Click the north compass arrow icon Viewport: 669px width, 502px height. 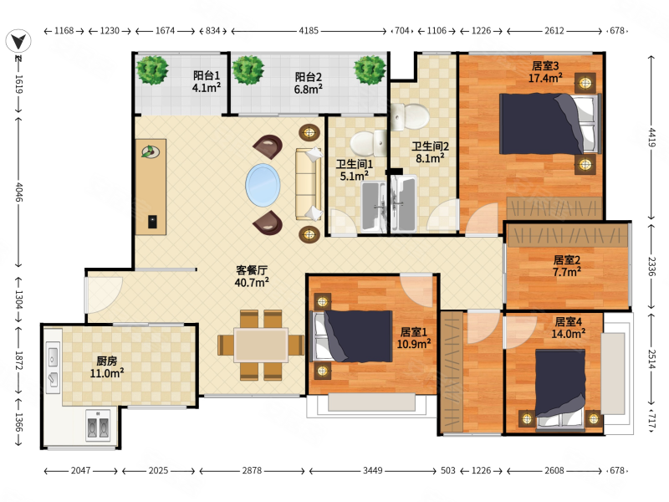(x=18, y=41)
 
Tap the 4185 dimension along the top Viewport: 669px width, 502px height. (x=309, y=31)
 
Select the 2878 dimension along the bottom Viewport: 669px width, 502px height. (x=252, y=470)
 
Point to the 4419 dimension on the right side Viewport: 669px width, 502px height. (x=651, y=137)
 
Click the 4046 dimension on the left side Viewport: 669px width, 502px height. (x=19, y=192)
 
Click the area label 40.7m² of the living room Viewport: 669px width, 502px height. (x=252, y=282)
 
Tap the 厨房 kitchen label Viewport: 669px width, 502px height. (x=107, y=361)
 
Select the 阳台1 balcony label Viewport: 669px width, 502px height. (x=207, y=75)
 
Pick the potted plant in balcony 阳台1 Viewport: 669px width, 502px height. (x=152, y=69)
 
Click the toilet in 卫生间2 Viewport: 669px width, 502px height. (x=410, y=116)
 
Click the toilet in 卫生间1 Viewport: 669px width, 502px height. (x=368, y=142)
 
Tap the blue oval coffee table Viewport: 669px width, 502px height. (x=263, y=185)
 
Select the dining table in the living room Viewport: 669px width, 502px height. (x=261, y=345)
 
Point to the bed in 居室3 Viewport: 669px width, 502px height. (x=550, y=124)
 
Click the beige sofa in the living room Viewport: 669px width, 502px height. (x=308, y=184)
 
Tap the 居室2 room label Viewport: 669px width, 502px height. (x=567, y=259)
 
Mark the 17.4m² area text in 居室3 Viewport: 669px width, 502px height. (x=545, y=78)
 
